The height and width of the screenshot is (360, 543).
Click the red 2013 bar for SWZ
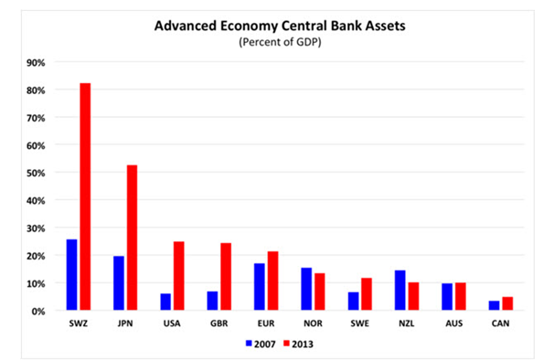(x=85, y=196)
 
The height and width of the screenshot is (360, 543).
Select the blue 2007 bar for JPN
(x=119, y=283)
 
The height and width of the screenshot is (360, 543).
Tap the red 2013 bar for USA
(x=179, y=276)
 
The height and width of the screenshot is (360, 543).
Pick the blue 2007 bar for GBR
(x=213, y=301)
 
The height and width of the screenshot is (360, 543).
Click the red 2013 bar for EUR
(x=273, y=281)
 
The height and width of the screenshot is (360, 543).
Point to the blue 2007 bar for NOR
(x=306, y=289)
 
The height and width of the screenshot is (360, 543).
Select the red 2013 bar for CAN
(x=507, y=303)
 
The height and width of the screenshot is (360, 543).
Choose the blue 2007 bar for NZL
(x=400, y=290)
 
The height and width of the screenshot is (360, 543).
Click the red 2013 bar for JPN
(x=132, y=238)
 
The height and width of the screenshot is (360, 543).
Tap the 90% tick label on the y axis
(x=36, y=63)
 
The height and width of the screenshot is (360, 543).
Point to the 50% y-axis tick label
(x=36, y=173)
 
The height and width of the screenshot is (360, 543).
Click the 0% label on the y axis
(x=38, y=312)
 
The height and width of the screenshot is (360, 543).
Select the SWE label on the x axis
(x=360, y=323)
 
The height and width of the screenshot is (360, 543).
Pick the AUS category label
(x=454, y=323)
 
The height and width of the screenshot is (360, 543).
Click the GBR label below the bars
(x=219, y=323)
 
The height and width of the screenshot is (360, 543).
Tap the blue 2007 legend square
(x=249, y=344)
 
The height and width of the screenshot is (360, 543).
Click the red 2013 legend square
(x=286, y=344)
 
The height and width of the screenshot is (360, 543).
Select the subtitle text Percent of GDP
(x=280, y=42)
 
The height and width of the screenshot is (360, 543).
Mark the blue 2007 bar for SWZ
(x=71, y=274)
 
